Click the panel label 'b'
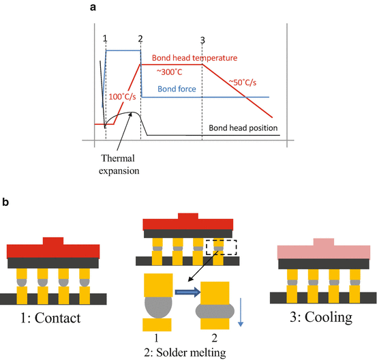click(x=6, y=202)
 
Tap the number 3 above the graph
click(x=202, y=39)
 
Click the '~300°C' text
click(x=168, y=71)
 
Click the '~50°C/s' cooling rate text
click(x=242, y=82)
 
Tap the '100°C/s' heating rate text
click(x=122, y=97)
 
